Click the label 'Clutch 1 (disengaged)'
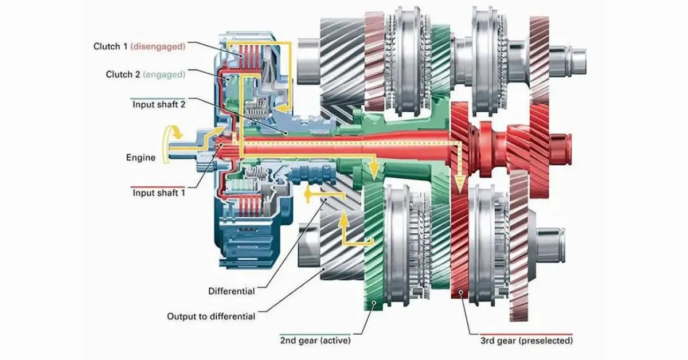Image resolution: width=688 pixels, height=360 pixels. [139, 46]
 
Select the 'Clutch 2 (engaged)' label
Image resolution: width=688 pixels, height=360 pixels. [146, 75]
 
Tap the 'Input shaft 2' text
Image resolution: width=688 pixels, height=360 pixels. [159, 104]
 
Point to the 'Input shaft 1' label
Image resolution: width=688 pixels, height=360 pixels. [159, 193]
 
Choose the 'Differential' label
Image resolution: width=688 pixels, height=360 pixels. [231, 291]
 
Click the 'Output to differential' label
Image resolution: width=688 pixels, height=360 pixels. [211, 316]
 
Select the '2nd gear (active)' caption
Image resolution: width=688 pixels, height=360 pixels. [315, 341]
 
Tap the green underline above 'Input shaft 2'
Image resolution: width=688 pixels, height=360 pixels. [158, 97]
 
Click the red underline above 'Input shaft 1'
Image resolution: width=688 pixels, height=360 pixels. [158, 186]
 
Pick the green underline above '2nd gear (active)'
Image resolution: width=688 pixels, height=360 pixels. [315, 333]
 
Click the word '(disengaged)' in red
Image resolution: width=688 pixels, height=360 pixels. [158, 46]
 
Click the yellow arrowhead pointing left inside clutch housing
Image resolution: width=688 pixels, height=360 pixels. [280, 107]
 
